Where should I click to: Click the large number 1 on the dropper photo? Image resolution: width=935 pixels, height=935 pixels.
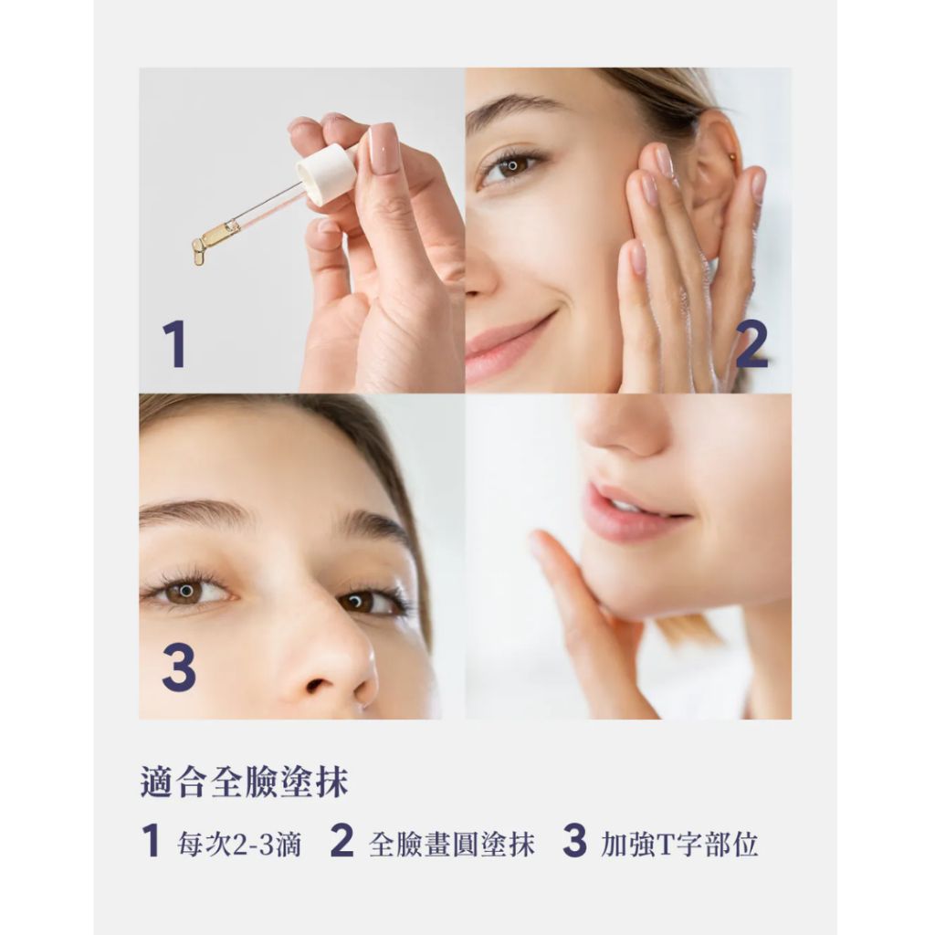click(x=175, y=344)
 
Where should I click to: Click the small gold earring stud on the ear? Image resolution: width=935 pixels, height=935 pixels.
click(x=733, y=157)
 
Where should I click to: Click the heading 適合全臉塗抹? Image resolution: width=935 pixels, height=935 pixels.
click(x=245, y=782)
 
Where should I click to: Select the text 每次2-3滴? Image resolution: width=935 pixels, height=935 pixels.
click(x=239, y=845)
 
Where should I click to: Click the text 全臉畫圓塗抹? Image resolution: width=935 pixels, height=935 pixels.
click(x=452, y=845)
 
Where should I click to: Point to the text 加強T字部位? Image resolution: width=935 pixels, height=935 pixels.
click(x=679, y=845)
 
